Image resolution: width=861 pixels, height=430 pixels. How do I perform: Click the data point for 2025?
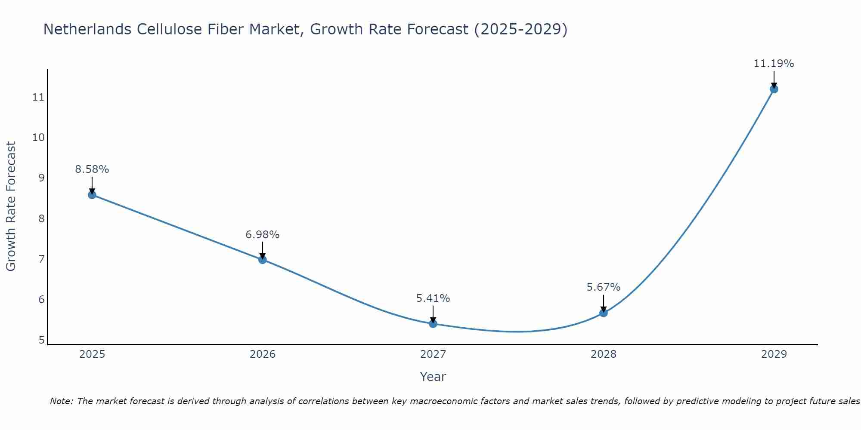(x=92, y=195)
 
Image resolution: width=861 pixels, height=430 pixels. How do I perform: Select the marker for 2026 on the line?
(x=263, y=260)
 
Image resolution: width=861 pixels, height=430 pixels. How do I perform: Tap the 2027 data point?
(x=433, y=324)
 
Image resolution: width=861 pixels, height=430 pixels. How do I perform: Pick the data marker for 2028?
(x=604, y=313)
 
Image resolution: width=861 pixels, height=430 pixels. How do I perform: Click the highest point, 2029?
(x=774, y=89)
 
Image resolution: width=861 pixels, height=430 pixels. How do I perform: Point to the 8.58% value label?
(x=92, y=169)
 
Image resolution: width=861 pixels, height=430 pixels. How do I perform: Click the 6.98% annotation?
(x=263, y=235)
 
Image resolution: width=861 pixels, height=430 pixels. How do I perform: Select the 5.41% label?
(x=433, y=298)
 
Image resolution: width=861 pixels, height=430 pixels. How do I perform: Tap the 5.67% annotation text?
(x=604, y=287)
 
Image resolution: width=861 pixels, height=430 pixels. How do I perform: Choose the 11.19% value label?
(x=774, y=64)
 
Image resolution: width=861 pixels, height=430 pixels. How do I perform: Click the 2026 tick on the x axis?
(x=263, y=355)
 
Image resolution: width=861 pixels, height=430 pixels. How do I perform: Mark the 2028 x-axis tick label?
(x=604, y=355)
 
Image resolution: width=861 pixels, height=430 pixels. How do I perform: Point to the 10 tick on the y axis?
(x=38, y=138)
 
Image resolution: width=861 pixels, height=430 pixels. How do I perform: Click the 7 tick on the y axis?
(x=41, y=259)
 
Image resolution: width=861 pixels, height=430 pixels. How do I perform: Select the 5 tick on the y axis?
(x=41, y=340)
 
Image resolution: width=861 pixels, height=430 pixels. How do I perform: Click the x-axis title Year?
(x=433, y=377)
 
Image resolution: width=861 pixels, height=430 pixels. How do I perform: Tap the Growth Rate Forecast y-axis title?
(x=11, y=206)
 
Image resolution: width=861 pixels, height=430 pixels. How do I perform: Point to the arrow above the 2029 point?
(x=774, y=79)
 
